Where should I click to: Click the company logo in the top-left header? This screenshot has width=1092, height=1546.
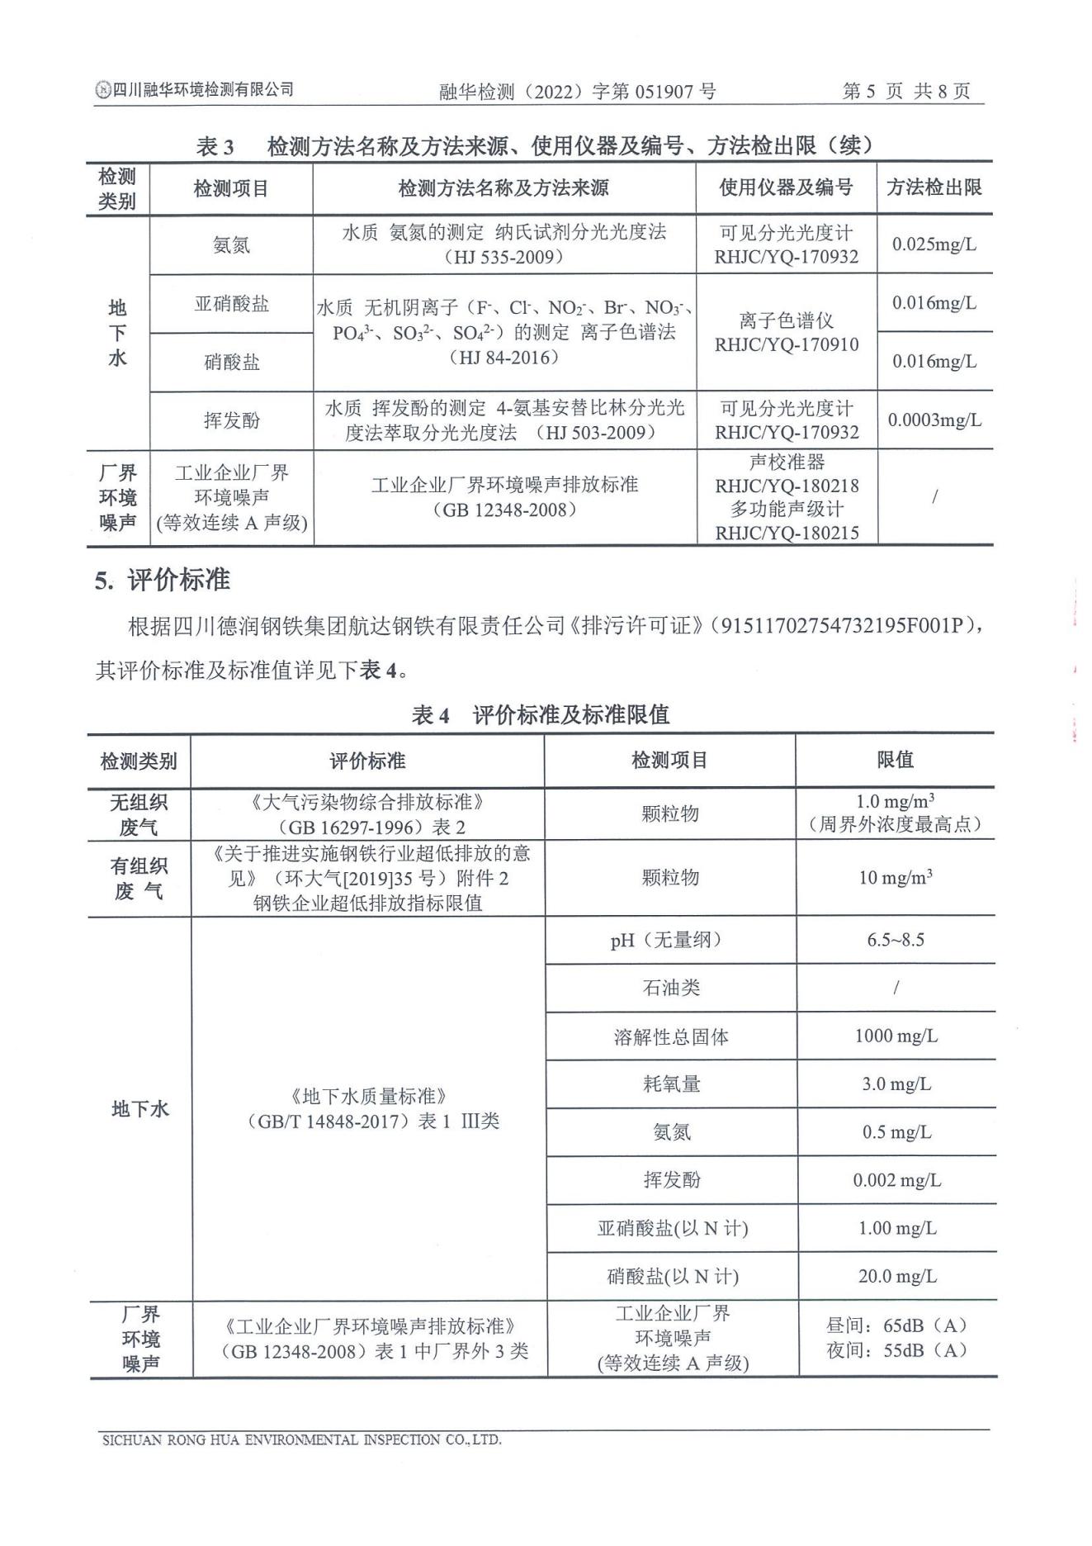[102, 90]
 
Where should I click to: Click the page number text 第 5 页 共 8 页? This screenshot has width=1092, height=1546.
[905, 91]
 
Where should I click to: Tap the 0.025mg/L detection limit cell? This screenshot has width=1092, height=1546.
[934, 244]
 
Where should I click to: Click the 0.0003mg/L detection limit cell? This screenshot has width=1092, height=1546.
[934, 420]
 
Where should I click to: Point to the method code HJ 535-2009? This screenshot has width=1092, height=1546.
[503, 257]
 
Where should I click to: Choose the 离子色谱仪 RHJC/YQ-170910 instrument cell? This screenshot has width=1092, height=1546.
[786, 332]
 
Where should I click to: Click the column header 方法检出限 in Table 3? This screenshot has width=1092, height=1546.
[934, 187]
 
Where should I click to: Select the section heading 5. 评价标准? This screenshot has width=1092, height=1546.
[162, 581]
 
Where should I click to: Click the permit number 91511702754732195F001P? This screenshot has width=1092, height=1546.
[842, 626]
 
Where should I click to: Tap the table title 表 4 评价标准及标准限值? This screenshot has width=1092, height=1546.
[540, 714]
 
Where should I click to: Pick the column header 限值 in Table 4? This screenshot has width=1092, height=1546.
[895, 760]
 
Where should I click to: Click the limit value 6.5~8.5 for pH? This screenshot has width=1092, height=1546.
[896, 940]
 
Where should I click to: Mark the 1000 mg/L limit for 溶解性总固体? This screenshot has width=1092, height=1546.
[896, 1036]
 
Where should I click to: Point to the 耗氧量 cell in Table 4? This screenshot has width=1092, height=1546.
[670, 1084]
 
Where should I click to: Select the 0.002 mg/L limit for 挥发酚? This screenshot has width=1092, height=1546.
[896, 1180]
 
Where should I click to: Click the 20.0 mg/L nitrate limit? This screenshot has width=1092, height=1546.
[896, 1276]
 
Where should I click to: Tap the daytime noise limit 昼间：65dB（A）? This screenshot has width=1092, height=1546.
[896, 1325]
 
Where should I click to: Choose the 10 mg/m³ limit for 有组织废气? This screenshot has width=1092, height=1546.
[896, 877]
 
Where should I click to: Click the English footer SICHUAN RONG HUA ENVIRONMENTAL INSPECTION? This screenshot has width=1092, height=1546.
[301, 1439]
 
